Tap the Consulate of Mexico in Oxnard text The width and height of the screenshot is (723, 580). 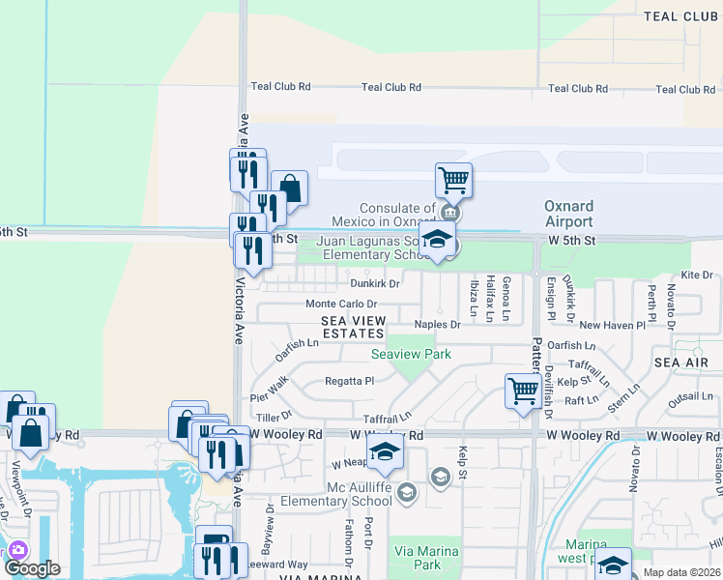397,215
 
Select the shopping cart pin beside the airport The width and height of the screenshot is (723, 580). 452,180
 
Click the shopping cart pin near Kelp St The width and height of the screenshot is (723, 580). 523,391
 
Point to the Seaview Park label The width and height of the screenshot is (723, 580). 412,355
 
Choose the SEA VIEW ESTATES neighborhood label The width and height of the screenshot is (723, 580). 354,327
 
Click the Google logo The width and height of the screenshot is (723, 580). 32,568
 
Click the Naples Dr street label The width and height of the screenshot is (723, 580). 437,325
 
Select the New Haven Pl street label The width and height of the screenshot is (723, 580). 612,326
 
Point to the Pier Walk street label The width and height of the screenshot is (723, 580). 269,389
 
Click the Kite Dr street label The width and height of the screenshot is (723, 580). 696,275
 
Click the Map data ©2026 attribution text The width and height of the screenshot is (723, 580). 680,572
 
